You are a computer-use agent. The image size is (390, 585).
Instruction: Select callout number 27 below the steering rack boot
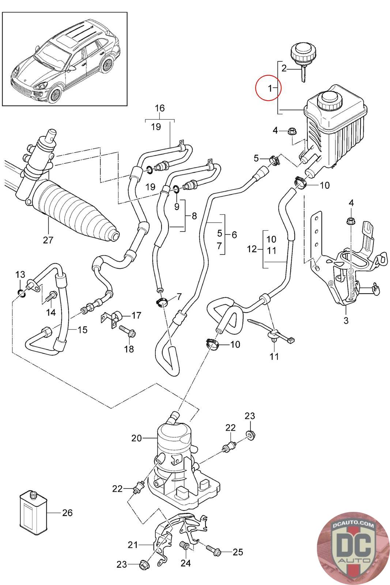[48, 240]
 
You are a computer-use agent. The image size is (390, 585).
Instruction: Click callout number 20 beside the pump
[136, 438]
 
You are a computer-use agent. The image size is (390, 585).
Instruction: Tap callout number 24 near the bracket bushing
[186, 563]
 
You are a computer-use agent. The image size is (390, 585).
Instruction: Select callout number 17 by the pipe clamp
[136, 315]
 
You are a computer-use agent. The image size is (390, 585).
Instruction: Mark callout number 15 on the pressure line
[83, 329]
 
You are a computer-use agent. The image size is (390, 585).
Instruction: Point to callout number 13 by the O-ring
[20, 274]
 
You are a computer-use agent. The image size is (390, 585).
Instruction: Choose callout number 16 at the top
[160, 108]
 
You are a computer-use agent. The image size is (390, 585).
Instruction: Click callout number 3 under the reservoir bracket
[346, 321]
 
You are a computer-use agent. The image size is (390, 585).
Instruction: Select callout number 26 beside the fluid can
[67, 513]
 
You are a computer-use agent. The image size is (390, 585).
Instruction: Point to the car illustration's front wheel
[55, 94]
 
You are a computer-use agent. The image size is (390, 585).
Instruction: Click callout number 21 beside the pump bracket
[133, 545]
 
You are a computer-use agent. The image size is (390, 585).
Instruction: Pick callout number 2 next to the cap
[284, 68]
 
